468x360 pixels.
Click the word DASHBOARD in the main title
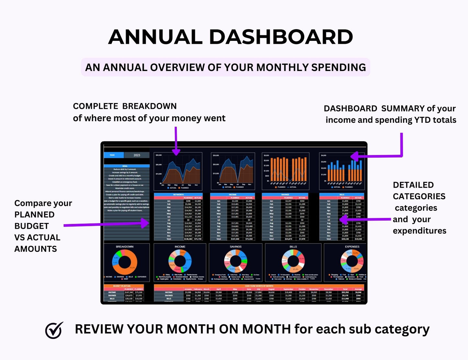[281, 37]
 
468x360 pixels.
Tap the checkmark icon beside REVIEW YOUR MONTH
[54, 330]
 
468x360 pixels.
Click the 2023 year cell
[137, 155]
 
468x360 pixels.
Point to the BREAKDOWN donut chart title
[125, 247]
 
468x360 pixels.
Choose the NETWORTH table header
[178, 195]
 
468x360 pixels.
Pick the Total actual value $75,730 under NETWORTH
[198, 239]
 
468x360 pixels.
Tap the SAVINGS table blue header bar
[285, 195]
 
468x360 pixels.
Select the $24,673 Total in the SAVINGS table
[288, 239]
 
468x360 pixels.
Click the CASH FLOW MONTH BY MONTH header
[259, 286]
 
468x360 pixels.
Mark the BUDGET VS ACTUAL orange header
[122, 286]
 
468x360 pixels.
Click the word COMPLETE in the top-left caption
[96, 106]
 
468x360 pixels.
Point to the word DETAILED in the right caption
[413, 185]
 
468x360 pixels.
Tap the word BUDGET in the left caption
[31, 226]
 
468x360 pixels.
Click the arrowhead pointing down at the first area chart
[176, 152]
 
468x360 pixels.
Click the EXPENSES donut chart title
[352, 247]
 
